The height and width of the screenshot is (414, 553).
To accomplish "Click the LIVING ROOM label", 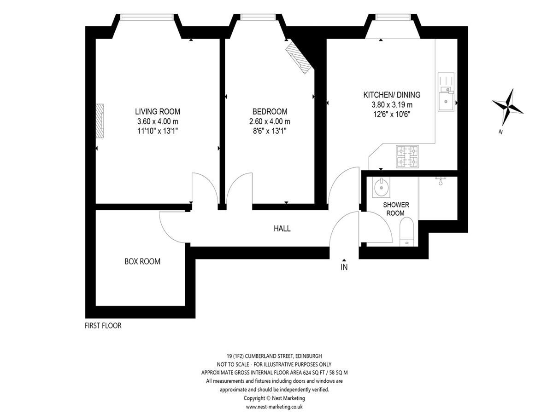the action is (158, 111).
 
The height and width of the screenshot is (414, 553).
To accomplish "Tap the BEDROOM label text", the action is (270, 111).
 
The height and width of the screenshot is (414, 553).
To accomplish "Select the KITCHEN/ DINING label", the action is (392, 95).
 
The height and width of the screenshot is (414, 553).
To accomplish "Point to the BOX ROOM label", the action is (142, 261).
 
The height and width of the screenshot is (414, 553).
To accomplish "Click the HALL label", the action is (282, 229).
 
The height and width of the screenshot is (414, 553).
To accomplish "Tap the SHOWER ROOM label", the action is (396, 209).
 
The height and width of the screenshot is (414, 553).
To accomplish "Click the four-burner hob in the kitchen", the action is (407, 156).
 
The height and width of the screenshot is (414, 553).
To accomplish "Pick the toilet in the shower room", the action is (406, 232).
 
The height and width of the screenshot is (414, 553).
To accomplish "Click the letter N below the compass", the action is (500, 132).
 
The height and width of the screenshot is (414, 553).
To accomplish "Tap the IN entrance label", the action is (344, 267).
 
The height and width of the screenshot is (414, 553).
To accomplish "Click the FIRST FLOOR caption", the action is (103, 326).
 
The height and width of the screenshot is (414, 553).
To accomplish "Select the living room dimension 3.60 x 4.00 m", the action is (158, 121).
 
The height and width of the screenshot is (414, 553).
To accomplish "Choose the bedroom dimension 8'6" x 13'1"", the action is (270, 131).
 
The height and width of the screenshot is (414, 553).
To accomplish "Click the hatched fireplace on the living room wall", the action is (100, 121).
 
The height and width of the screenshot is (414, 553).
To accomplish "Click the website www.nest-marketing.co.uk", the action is (274, 407).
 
